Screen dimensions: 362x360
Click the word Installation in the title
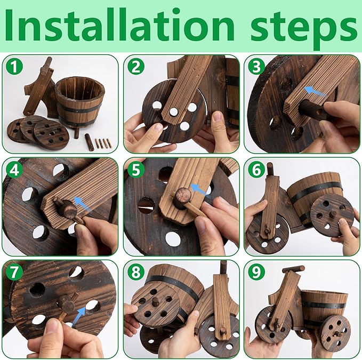tap(119, 26)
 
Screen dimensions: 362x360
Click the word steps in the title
tap(303, 29)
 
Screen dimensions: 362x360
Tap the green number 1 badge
tap(14, 67)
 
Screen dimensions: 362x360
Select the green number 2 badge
tap(136, 67)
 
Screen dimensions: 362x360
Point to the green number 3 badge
tap(256, 67)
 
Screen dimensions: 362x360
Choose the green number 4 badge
tap(14, 170)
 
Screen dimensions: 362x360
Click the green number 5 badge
tap(136, 170)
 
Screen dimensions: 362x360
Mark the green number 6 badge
tap(256, 170)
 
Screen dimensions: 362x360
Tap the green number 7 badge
tap(14, 272)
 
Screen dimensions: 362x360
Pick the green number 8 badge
tap(136, 272)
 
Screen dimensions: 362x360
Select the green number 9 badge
tap(256, 272)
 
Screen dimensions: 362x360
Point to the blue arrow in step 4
tap(82, 203)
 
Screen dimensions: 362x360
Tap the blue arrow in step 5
tap(198, 189)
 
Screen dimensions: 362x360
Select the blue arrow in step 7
tap(78, 316)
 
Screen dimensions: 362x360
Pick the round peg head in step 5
tap(183, 195)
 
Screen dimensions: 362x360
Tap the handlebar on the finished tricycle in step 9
tap(293, 269)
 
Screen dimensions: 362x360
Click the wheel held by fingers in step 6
tap(332, 215)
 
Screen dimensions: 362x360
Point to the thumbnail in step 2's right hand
tap(217, 117)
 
